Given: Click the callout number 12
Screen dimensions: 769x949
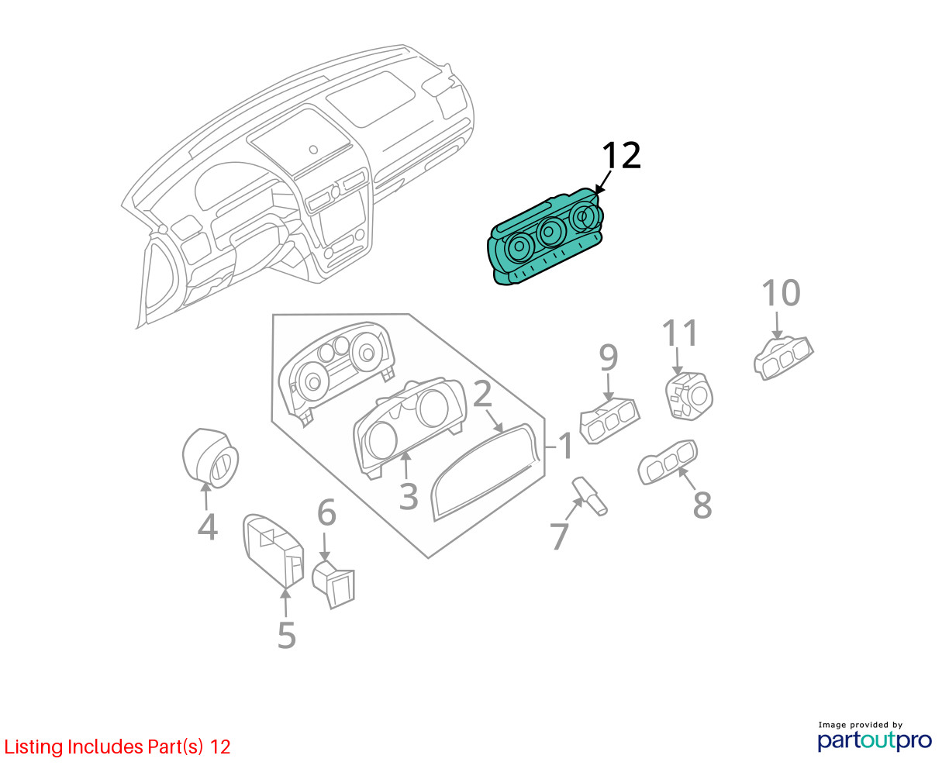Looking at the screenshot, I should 621,156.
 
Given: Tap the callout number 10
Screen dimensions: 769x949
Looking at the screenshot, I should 781,294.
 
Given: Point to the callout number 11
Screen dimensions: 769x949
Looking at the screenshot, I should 680,333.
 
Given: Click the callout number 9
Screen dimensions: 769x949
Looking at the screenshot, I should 609,358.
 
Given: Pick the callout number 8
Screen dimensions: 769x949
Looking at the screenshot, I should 702,505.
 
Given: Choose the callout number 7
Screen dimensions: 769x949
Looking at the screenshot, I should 559,536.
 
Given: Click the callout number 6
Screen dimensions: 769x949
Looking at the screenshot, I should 326,513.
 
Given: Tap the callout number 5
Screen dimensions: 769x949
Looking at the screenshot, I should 287,636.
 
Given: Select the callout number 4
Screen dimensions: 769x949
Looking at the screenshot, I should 207,527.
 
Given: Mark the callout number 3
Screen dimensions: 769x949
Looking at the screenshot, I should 409,496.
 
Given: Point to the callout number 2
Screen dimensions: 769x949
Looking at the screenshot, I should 482,395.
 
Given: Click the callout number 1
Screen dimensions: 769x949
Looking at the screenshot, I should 566,447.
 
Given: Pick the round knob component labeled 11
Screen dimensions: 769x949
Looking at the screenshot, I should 688,396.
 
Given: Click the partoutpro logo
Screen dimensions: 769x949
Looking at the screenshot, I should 875,740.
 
